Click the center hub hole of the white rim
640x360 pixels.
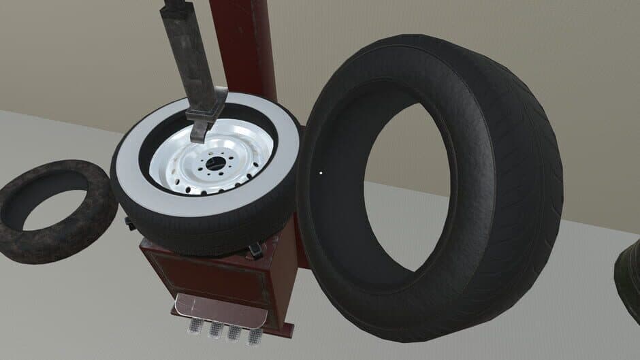coord(215,163)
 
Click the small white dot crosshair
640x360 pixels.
coord(319,172)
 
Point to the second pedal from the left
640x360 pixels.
coord(215,330)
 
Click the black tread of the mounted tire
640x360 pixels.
coord(204,231)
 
